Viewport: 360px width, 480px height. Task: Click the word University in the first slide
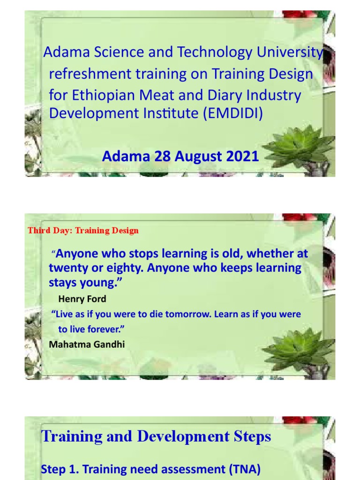click(289, 53)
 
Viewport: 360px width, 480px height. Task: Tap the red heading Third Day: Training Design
click(83, 230)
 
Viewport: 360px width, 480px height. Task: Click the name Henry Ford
click(82, 299)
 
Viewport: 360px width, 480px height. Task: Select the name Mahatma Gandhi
click(87, 344)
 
